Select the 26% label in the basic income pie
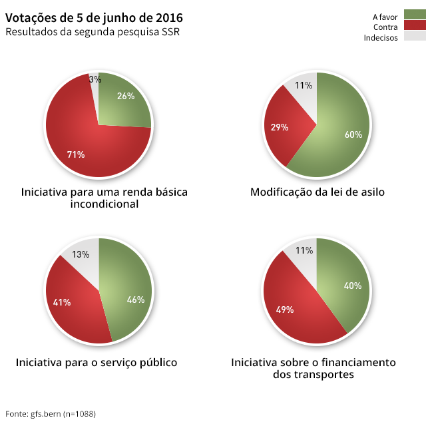126,96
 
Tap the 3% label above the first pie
95,79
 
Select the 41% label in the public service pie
62,302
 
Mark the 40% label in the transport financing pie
353,286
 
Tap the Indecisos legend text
381,38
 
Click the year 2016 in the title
168,17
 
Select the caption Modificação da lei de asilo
318,192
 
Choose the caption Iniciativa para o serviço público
97,363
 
